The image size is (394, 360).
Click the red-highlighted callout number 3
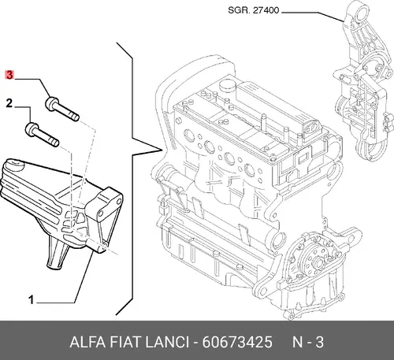point(9,75)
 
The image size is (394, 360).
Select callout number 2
point(9,103)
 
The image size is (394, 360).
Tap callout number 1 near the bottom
point(32,299)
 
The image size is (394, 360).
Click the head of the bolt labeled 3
point(52,102)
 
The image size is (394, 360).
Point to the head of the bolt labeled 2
point(32,128)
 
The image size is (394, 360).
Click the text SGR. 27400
point(253,10)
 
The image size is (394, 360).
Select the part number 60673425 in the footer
point(237,342)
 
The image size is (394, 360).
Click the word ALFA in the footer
point(87,342)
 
